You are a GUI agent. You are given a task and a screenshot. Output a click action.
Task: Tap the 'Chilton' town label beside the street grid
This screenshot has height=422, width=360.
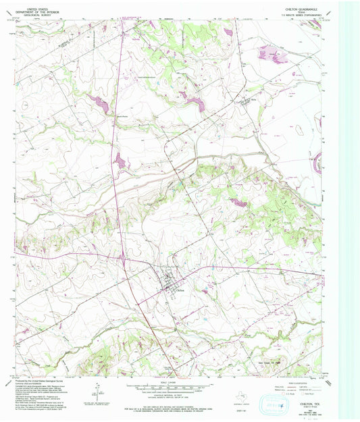pos(180,290)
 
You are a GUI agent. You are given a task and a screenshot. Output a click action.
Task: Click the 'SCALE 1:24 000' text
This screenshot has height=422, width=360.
pos(174,383)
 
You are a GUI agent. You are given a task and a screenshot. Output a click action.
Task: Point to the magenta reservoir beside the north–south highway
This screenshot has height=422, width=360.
pos(120,161)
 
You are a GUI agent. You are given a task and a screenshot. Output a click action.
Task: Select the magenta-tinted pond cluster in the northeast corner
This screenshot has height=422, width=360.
pos(270,52)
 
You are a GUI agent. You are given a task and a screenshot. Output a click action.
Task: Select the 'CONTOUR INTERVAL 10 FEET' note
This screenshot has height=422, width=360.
pos(174,394)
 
